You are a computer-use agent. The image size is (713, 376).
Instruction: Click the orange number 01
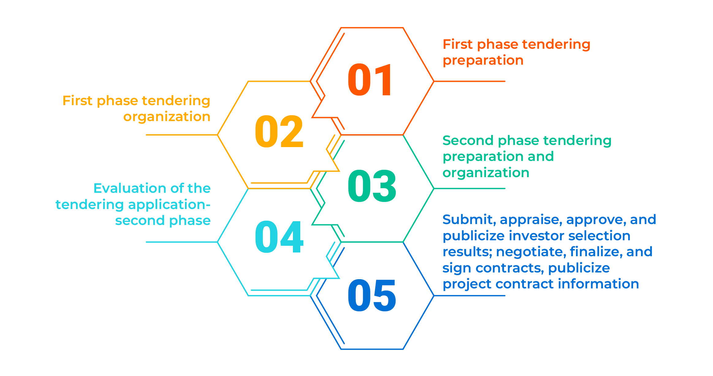pos(370,80)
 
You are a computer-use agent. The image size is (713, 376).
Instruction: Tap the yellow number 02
pos(279,131)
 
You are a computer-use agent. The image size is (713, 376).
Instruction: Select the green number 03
pos(372,186)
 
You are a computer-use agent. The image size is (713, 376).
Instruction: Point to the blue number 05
pos(372,295)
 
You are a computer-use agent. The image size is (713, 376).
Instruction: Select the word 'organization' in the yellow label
pos(167,117)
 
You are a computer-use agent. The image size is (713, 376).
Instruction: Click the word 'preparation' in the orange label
pos(483,61)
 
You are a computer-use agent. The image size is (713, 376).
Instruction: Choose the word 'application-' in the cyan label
pos(169,204)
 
